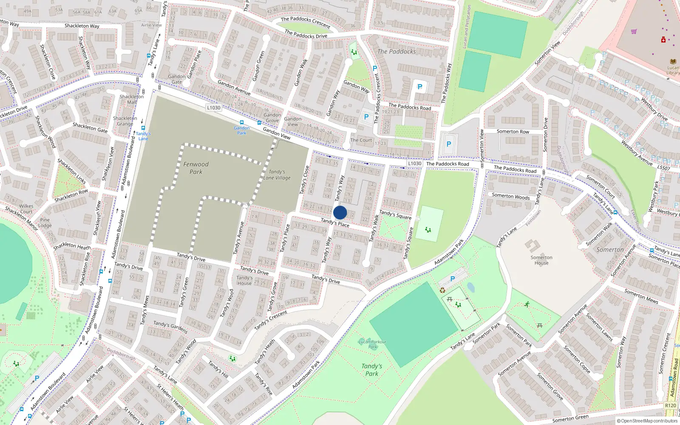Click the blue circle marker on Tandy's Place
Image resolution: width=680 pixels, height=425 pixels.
[x=340, y=212]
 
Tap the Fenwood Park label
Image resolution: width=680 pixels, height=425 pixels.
[x=196, y=168]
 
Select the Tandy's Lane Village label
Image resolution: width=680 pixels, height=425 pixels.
[x=277, y=175]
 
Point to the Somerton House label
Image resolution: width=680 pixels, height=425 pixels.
[x=541, y=260]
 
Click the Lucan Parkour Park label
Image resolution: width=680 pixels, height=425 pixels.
[x=372, y=344]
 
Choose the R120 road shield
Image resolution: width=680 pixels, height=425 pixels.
[x=670, y=405]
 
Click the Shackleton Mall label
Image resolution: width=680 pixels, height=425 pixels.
[x=132, y=99]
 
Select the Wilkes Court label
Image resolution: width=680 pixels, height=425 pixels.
[x=26, y=209]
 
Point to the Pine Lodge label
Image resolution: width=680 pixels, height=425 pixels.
[x=45, y=223]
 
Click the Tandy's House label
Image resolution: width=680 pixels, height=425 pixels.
[x=244, y=280]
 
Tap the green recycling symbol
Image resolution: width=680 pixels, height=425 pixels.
[x=442, y=290]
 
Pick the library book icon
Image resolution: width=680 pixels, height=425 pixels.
[x=673, y=61]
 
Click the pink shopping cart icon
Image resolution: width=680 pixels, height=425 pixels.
[x=634, y=31]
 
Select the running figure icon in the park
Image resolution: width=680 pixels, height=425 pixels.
[x=527, y=304]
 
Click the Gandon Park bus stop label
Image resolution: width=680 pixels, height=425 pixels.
[x=241, y=130]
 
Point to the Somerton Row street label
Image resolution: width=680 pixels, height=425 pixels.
[x=513, y=132]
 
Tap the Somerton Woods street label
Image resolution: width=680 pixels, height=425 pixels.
[x=510, y=196]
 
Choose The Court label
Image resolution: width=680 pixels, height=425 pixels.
[x=361, y=140]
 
